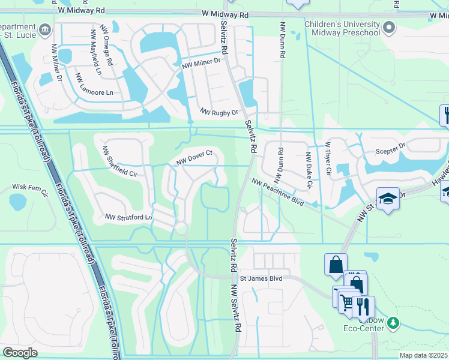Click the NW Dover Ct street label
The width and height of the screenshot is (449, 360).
195,157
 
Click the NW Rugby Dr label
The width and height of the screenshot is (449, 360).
219,112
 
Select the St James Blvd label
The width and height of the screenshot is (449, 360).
261,278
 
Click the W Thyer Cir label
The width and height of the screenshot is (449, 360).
328,158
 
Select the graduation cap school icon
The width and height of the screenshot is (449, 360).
388,199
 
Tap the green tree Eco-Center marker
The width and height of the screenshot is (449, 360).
393,323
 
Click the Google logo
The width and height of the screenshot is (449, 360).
20,353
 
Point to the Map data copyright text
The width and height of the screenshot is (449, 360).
424,355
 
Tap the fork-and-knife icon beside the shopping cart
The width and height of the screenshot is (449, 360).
363,307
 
